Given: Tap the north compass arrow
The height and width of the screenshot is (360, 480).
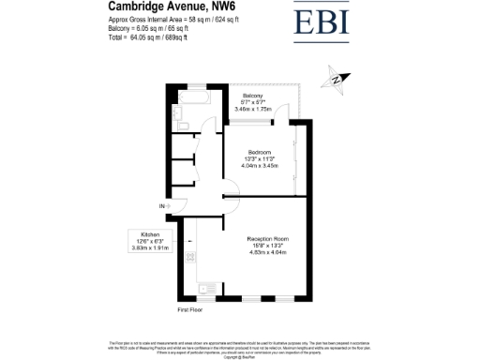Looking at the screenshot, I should point(333,80).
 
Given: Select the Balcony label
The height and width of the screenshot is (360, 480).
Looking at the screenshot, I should point(252,96).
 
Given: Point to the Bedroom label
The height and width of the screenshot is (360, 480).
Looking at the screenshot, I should point(260,152).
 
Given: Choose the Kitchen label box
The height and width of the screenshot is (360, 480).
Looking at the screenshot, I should point(151,240).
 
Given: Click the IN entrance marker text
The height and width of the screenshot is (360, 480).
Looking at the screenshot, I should point(161,206).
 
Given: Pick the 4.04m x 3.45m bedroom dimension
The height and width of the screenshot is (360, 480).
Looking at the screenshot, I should point(260,166).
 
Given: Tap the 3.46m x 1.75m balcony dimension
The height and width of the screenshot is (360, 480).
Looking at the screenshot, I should point(252,110).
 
